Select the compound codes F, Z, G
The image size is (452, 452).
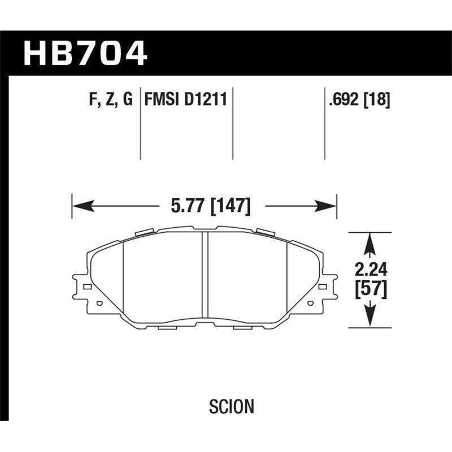tap(110, 101)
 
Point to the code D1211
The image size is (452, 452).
tap(207, 101)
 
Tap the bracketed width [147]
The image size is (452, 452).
tap(230, 206)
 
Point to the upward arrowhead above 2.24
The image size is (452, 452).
tap(370, 240)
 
